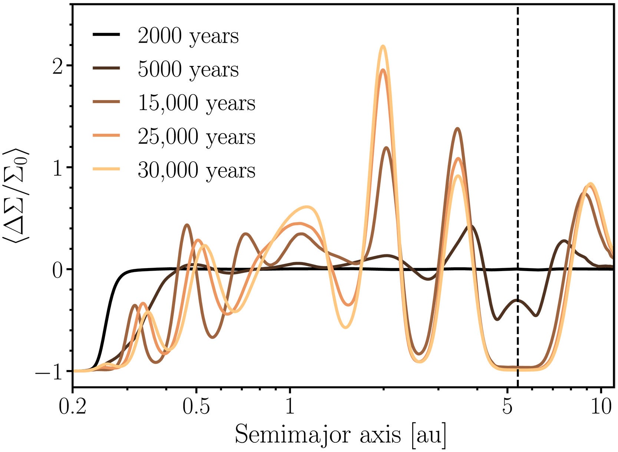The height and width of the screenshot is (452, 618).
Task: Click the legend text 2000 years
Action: (x=188, y=36)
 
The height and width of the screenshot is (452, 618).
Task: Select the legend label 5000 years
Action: (x=188, y=69)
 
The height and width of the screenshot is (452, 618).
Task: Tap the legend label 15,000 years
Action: (x=196, y=103)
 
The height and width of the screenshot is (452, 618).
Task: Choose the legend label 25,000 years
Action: (x=196, y=137)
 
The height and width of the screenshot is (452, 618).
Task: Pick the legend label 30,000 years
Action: (x=196, y=171)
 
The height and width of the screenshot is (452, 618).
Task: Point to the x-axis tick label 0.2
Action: (x=73, y=408)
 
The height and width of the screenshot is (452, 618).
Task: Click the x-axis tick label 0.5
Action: (x=196, y=408)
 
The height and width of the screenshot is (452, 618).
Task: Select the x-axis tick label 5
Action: (x=508, y=408)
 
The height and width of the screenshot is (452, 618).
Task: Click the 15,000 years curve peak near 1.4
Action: (x=457, y=129)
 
